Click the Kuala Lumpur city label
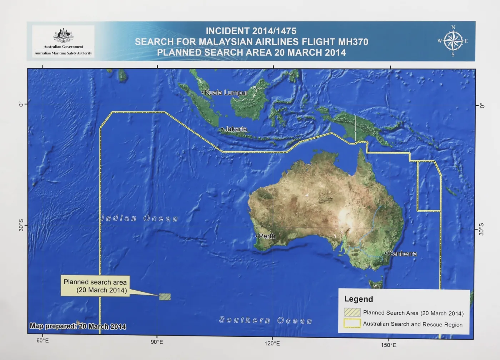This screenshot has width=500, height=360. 226,93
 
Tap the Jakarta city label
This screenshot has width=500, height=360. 236,129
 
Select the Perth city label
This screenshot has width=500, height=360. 267,236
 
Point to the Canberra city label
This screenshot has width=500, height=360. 402,254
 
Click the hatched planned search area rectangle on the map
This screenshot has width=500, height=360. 165,297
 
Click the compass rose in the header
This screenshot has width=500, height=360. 453,41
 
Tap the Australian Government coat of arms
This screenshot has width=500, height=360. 63,36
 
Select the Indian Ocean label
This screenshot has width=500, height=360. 140,218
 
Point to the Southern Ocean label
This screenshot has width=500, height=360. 266,320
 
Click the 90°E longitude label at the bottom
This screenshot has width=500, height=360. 157,342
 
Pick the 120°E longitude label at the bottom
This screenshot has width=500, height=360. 272,344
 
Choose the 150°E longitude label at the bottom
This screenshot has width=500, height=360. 389,345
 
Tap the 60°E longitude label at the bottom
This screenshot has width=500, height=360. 42,341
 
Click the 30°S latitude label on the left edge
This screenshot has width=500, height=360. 21,225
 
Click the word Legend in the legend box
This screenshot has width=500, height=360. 359,299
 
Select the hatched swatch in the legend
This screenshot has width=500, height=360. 352,312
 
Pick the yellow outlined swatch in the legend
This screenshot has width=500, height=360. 352,323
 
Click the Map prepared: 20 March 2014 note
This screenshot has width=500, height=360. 78,326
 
